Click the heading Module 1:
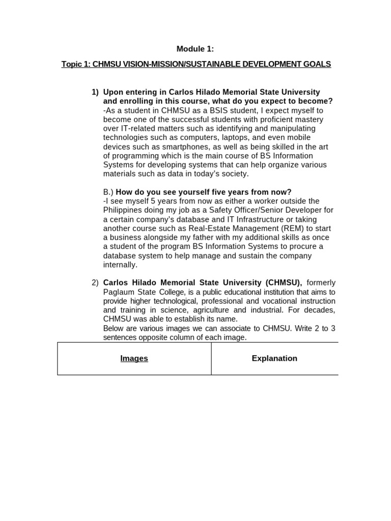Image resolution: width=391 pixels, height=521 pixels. [195, 49]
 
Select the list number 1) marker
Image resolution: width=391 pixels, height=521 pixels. [95, 92]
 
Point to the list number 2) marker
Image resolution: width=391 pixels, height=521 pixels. [95, 282]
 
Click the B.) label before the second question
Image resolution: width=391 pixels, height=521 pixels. [108, 192]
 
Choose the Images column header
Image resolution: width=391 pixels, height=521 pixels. [134, 358]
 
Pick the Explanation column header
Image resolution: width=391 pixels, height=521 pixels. [274, 358]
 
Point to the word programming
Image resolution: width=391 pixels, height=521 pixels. [138, 156]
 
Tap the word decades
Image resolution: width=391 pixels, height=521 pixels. [321, 310]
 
